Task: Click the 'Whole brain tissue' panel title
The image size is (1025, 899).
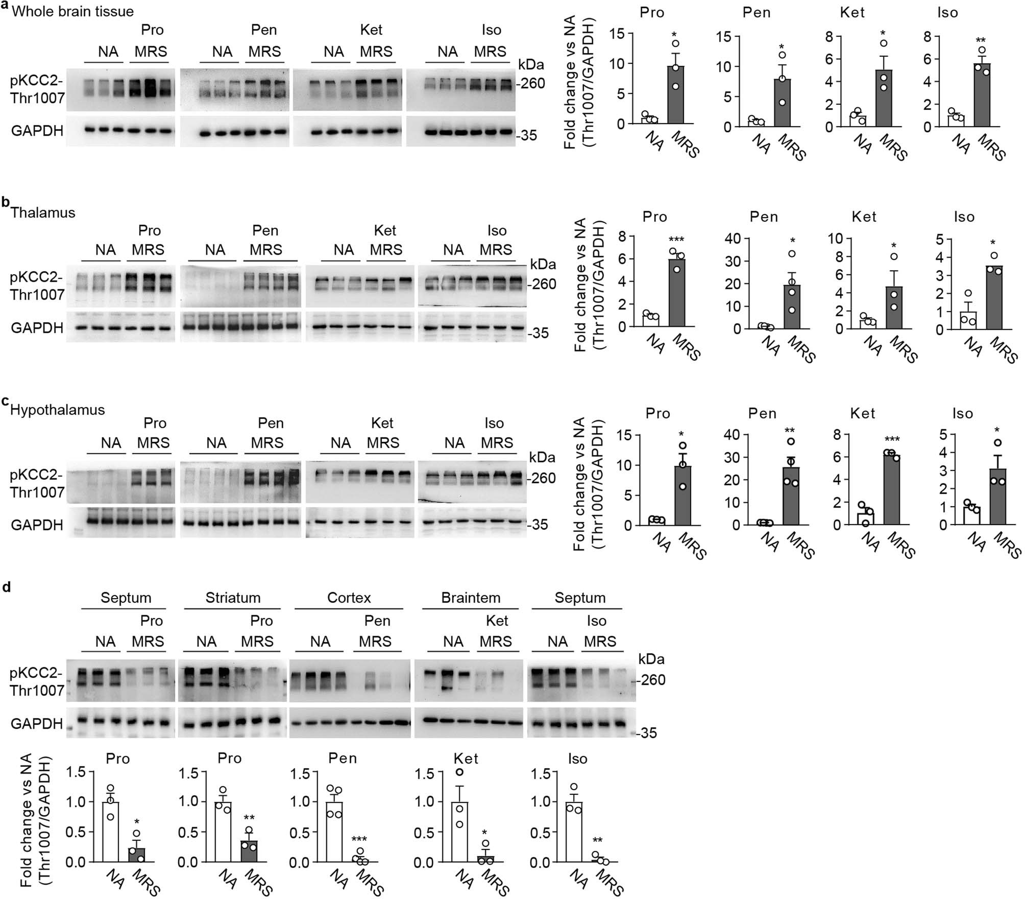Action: point(72,12)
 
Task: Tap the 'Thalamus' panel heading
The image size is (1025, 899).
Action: point(43,212)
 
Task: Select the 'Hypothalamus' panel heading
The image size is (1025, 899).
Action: point(58,410)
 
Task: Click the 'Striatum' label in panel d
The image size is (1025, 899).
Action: point(233,598)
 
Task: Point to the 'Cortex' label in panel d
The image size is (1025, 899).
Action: point(349,598)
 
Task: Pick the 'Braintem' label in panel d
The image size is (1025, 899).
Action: point(471,598)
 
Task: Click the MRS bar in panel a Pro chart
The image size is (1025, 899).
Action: point(675,94)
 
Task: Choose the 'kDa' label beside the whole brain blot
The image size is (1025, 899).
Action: point(531,65)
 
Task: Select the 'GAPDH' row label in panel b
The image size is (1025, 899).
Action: point(37,328)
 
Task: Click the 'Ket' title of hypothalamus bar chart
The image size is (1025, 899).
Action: point(863,413)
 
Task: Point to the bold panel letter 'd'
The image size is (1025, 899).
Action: point(7,587)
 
